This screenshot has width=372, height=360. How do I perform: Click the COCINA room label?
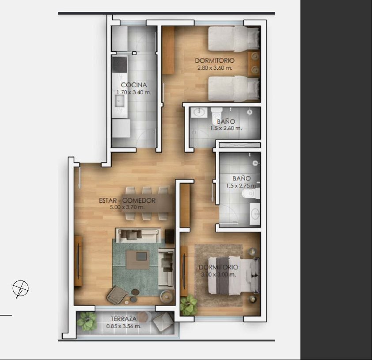tap(134, 85)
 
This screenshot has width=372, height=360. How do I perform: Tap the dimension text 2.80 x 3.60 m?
tap(215, 68)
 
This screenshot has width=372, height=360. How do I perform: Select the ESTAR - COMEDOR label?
tap(127, 201)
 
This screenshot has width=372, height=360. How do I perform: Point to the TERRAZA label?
tap(124, 319)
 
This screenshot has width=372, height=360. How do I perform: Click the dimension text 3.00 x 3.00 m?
tap(219, 275)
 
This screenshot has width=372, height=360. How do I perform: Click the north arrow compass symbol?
tap(20, 289)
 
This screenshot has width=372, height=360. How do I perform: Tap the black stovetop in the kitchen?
tap(120, 64)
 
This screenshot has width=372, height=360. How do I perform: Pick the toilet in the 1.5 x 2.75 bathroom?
tap(251, 194)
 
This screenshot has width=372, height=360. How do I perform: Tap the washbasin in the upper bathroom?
tap(199, 112)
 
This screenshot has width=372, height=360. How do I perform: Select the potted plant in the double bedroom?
tap(189, 305)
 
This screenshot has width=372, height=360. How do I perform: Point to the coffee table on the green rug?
tap(137, 260)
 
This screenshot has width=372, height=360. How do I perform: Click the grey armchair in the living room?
tap(117, 295)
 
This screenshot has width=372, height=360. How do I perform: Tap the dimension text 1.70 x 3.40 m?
tap(133, 92)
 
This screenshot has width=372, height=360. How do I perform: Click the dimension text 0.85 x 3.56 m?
tap(124, 326)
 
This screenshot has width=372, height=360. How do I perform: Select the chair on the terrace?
tap(163, 321)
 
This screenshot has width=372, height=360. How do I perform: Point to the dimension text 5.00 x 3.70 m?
tap(127, 207)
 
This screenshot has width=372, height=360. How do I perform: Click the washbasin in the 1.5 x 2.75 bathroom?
tap(255, 214)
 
